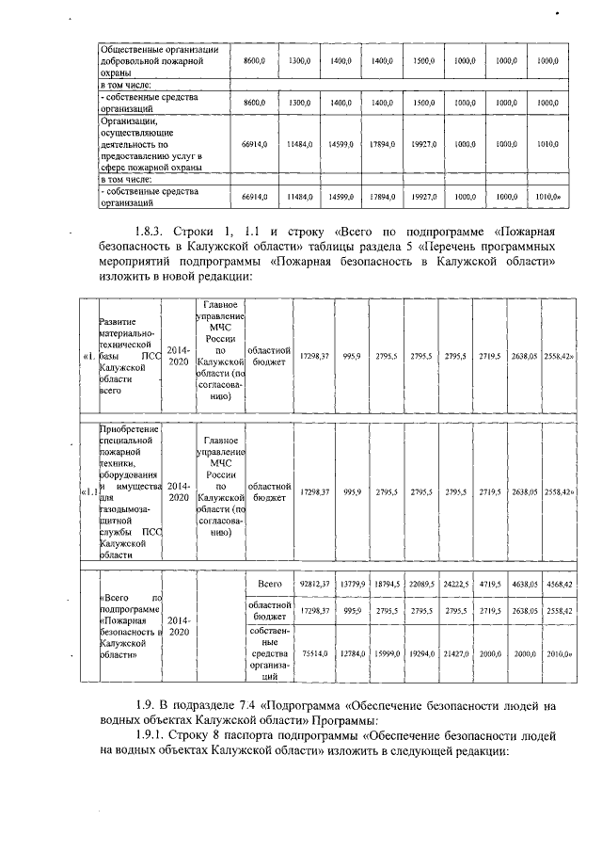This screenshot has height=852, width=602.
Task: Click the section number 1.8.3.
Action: pyautogui.click(x=153, y=231)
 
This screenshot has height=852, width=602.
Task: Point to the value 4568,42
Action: pyautogui.click(x=560, y=585)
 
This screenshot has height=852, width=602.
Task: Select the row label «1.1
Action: pyautogui.click(x=87, y=491)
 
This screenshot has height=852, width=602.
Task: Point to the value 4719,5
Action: pyautogui.click(x=490, y=585)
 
